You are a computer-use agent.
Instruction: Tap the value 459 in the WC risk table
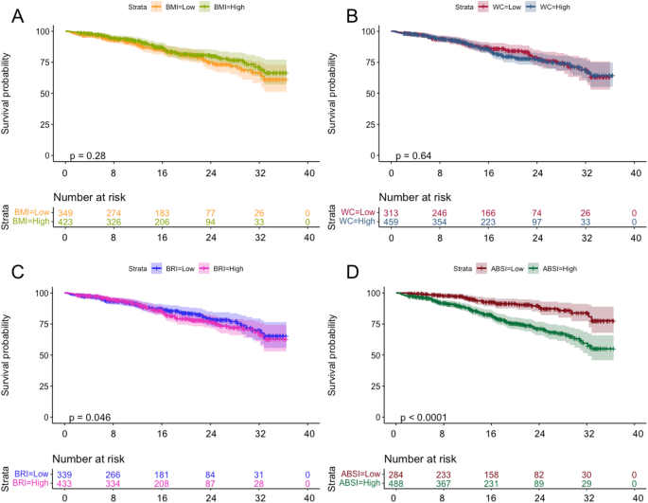(x=392, y=222)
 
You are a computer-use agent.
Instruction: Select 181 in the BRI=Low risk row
(x=162, y=474)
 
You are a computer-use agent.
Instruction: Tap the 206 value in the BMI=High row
(x=162, y=222)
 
